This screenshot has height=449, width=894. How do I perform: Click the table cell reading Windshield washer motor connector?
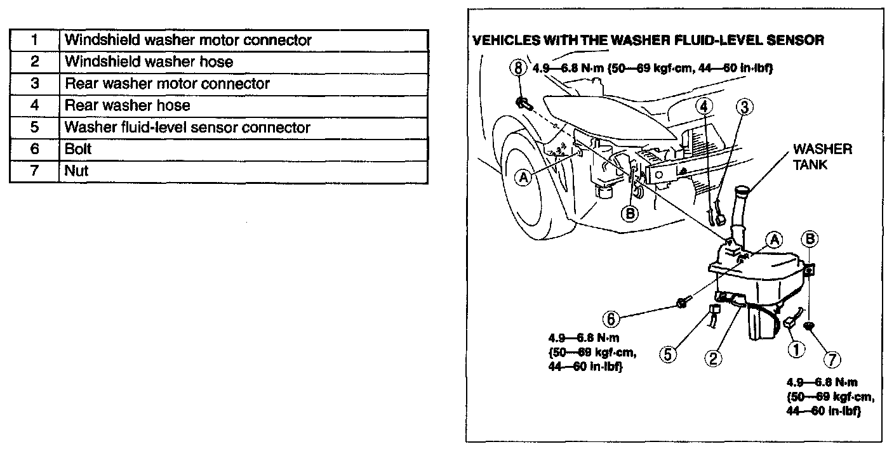[189, 40]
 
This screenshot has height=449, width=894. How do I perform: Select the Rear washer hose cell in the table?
[128, 105]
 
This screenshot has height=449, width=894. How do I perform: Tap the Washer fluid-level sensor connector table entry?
[187, 127]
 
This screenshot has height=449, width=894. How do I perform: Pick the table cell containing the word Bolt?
[78, 149]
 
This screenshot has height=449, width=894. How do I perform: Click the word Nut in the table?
[76, 171]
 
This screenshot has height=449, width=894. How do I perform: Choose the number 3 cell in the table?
[34, 84]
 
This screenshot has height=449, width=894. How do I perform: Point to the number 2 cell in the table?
[34, 62]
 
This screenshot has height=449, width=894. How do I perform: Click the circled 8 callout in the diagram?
[519, 68]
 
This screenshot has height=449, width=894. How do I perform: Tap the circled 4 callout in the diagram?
[704, 107]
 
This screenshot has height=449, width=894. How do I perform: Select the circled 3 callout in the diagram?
[746, 107]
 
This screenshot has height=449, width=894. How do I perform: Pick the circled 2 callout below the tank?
[713, 358]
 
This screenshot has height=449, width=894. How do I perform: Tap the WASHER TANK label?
[822, 156]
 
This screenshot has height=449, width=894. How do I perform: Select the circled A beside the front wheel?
[524, 179]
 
